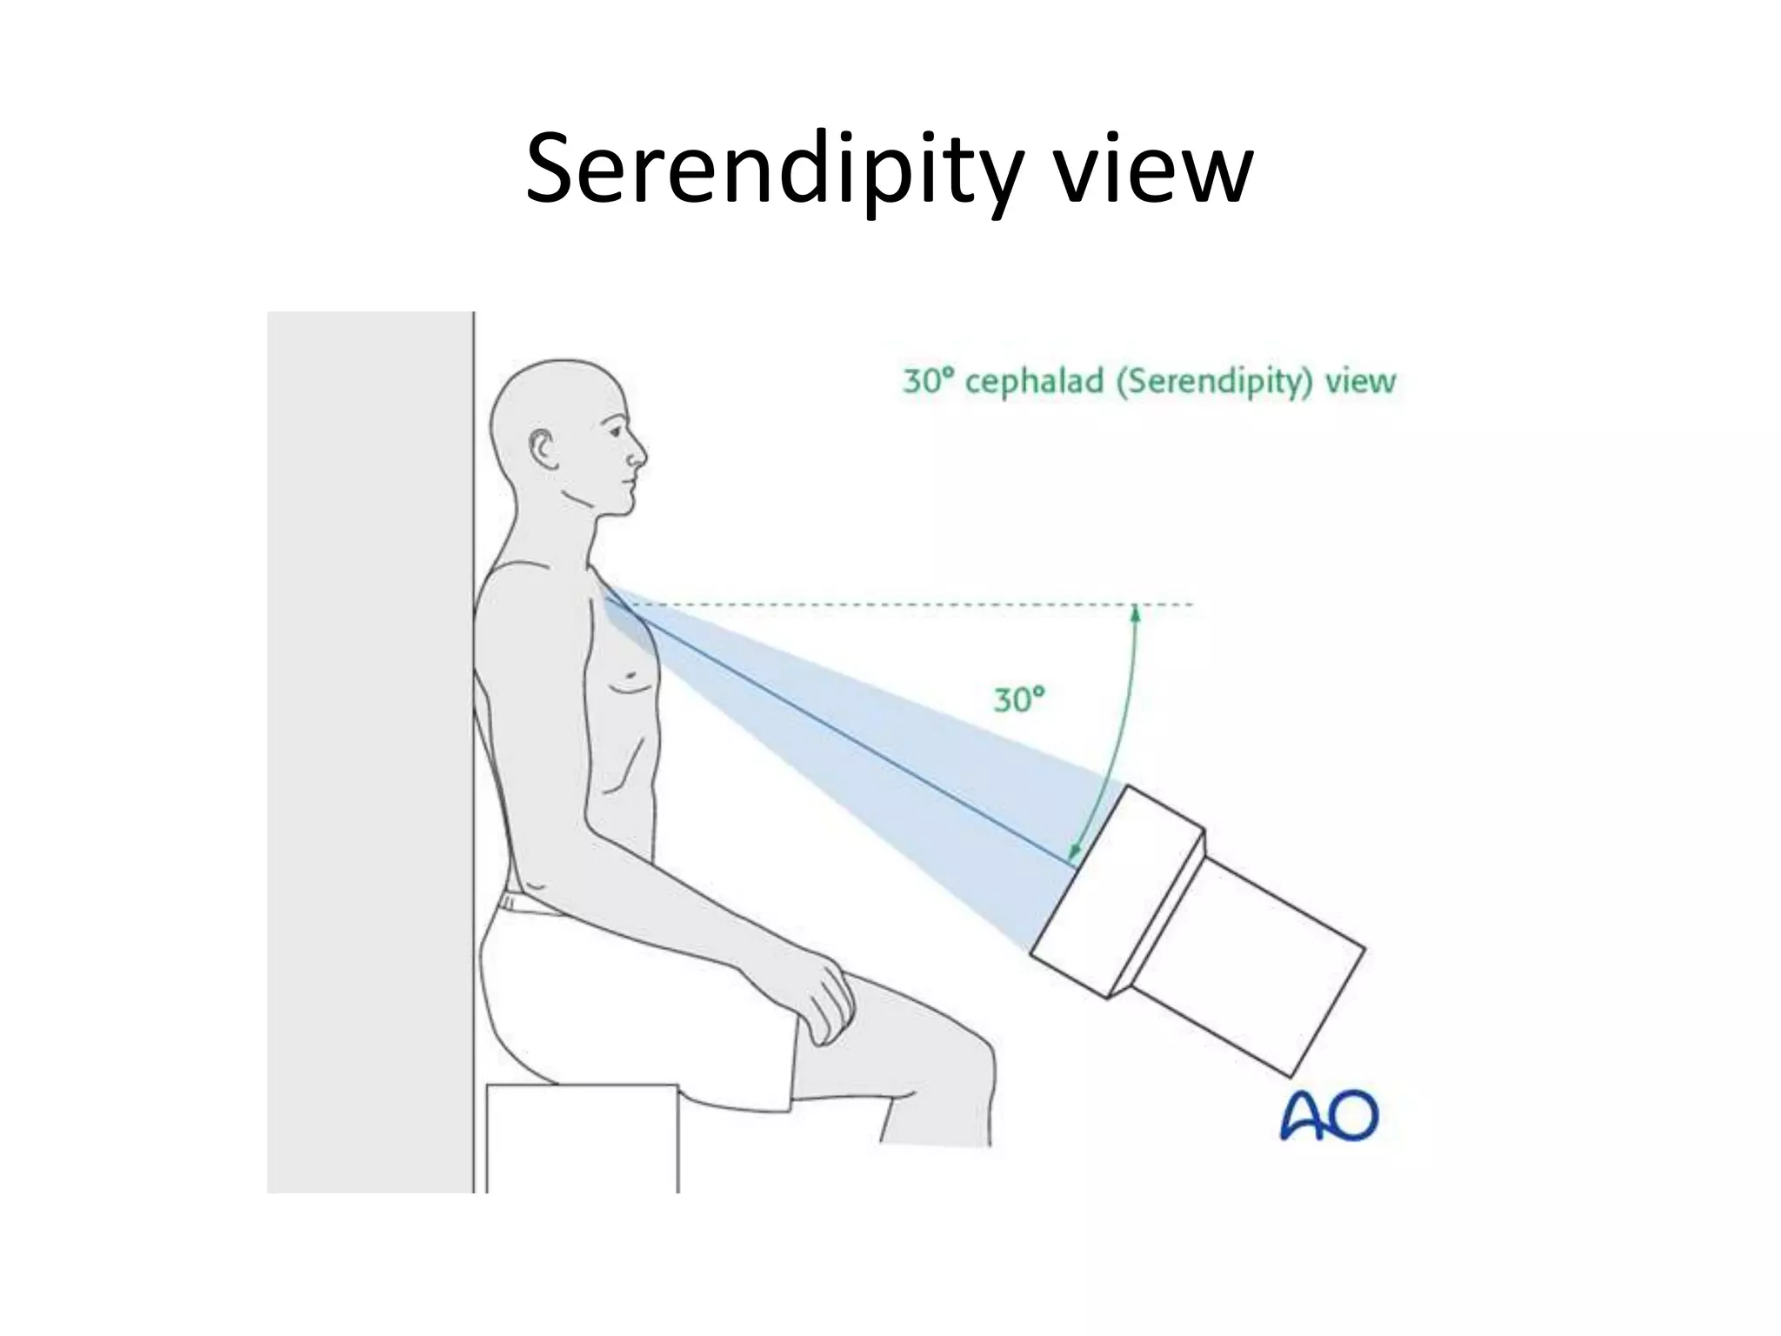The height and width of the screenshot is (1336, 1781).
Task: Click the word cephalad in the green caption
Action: point(1034,382)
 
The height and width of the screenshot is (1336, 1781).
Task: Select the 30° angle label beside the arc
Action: point(1018,699)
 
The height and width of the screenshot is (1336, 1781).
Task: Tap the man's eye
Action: point(617,432)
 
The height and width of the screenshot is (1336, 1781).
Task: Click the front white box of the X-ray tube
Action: point(1117,892)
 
